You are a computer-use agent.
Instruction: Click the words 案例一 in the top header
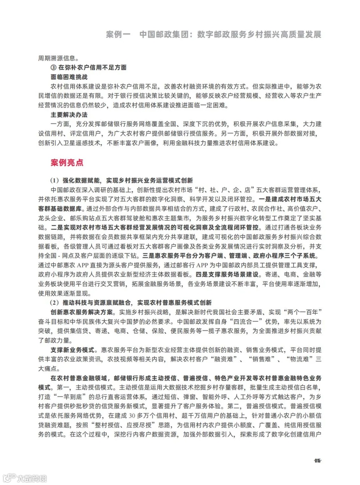click(118, 34)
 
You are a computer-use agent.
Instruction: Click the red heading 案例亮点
click(67, 163)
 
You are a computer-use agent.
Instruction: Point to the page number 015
click(317, 461)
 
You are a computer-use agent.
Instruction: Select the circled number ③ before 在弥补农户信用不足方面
click(53, 68)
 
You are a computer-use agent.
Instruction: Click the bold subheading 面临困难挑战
click(69, 77)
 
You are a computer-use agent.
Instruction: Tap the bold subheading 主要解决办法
click(69, 115)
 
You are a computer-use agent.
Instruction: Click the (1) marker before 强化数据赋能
click(55, 181)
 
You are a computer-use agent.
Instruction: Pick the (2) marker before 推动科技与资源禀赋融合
click(55, 303)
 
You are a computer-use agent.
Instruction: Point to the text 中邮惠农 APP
click(69, 265)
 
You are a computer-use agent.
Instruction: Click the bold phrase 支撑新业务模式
click(72, 350)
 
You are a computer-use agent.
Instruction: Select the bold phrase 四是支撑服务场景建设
click(227, 275)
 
